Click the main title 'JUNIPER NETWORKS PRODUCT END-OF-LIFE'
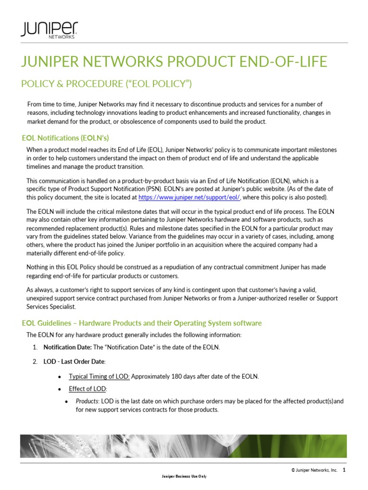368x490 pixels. coord(173,62)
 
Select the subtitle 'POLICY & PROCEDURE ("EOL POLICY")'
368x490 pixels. coord(106,84)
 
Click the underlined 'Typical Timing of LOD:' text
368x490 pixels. coord(99,377)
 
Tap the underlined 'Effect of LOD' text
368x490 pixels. coord(88,389)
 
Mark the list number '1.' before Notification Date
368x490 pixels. coord(35,347)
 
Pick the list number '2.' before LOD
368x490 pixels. coord(35,361)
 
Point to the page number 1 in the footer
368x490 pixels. coord(344,470)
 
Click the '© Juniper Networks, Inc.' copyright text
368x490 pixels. coord(313,471)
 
